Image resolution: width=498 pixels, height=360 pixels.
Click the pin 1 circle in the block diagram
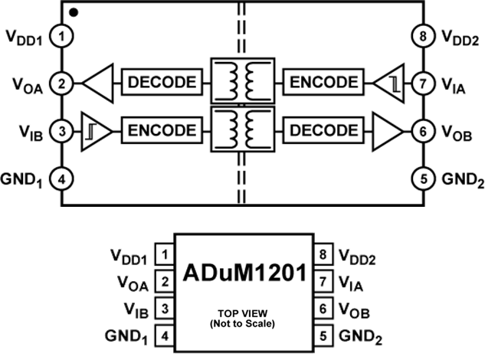point(61,35)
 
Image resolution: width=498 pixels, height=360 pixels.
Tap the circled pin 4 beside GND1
point(61,178)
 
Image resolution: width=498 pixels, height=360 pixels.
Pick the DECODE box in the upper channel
point(162,82)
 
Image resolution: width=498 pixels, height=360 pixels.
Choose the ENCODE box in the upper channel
point(322,82)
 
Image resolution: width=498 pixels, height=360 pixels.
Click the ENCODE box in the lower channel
point(162,129)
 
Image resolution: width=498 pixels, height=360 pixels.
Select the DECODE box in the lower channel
point(322,129)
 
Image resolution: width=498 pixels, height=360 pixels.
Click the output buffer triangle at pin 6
point(385,129)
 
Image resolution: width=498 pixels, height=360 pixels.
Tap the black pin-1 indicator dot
point(72,11)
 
